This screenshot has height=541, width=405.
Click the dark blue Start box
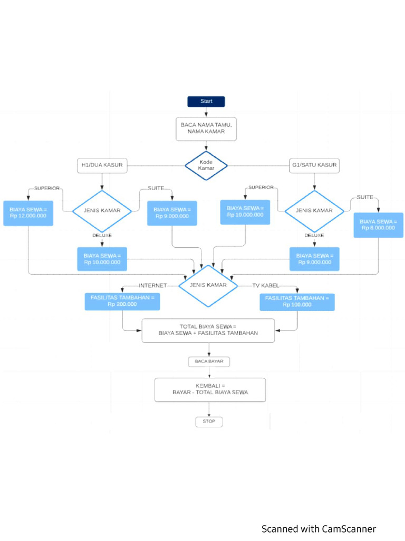[206, 101]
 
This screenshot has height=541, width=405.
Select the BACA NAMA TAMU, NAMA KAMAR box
[206, 128]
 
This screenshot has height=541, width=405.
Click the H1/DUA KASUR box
[102, 165]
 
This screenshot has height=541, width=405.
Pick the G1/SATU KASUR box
[315, 165]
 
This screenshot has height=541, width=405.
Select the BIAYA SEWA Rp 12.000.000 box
[28, 213]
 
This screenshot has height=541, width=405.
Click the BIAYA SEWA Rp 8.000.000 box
[378, 221]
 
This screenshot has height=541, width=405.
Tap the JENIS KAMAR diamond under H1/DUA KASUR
[102, 210]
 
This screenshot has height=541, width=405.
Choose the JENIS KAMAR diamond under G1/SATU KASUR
[315, 210]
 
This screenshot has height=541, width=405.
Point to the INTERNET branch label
[152, 285]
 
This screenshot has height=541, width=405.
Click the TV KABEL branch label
[266, 285]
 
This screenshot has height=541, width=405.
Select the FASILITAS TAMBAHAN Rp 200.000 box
[122, 301]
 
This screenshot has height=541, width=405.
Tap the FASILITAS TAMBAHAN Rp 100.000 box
[297, 301]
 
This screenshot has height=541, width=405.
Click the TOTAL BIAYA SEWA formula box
[208, 330]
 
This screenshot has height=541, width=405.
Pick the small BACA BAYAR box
[209, 362]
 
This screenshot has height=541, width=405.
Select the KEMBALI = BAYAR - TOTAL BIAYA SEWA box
[209, 389]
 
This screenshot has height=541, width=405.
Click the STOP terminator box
[209, 422]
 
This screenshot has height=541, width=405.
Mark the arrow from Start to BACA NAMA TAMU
[206, 112]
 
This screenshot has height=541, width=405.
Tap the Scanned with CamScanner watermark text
[319, 529]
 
